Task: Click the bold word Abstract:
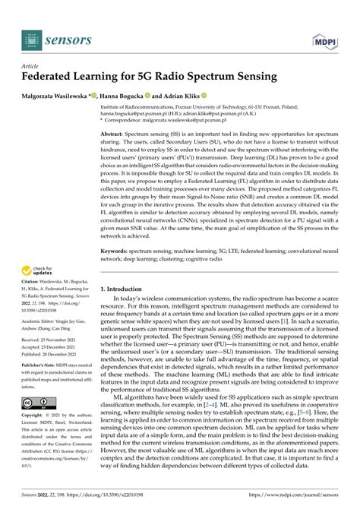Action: click(x=114, y=133)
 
